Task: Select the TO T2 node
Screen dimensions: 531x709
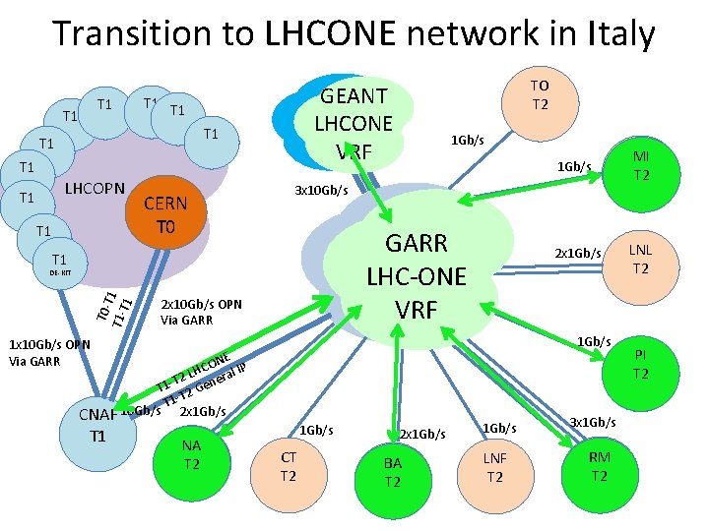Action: point(539,94)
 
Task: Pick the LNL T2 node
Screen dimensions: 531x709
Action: point(640,260)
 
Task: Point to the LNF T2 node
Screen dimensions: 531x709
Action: point(494,466)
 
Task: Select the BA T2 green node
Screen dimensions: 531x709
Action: point(392,472)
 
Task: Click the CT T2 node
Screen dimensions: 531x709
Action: point(289,466)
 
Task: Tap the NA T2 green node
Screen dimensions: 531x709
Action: point(191,453)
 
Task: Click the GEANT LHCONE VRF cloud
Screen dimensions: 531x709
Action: point(353,123)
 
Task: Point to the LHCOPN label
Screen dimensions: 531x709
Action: point(94,188)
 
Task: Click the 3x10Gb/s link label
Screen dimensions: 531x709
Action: point(322,190)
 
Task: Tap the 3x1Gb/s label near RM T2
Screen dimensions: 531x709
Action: point(594,422)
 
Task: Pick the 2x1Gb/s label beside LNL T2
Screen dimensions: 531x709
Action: point(577,254)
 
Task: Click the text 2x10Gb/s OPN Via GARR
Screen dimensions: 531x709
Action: point(201,312)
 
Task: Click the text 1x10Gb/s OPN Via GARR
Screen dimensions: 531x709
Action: point(49,352)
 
